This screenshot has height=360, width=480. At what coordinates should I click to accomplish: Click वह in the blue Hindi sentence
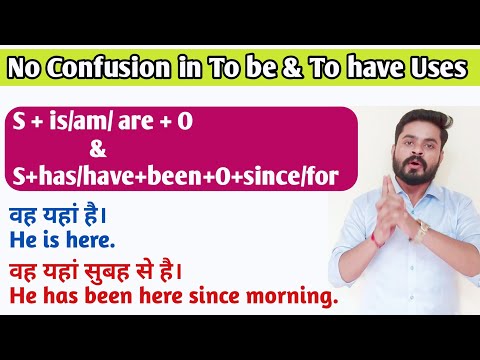[x=24, y=215]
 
